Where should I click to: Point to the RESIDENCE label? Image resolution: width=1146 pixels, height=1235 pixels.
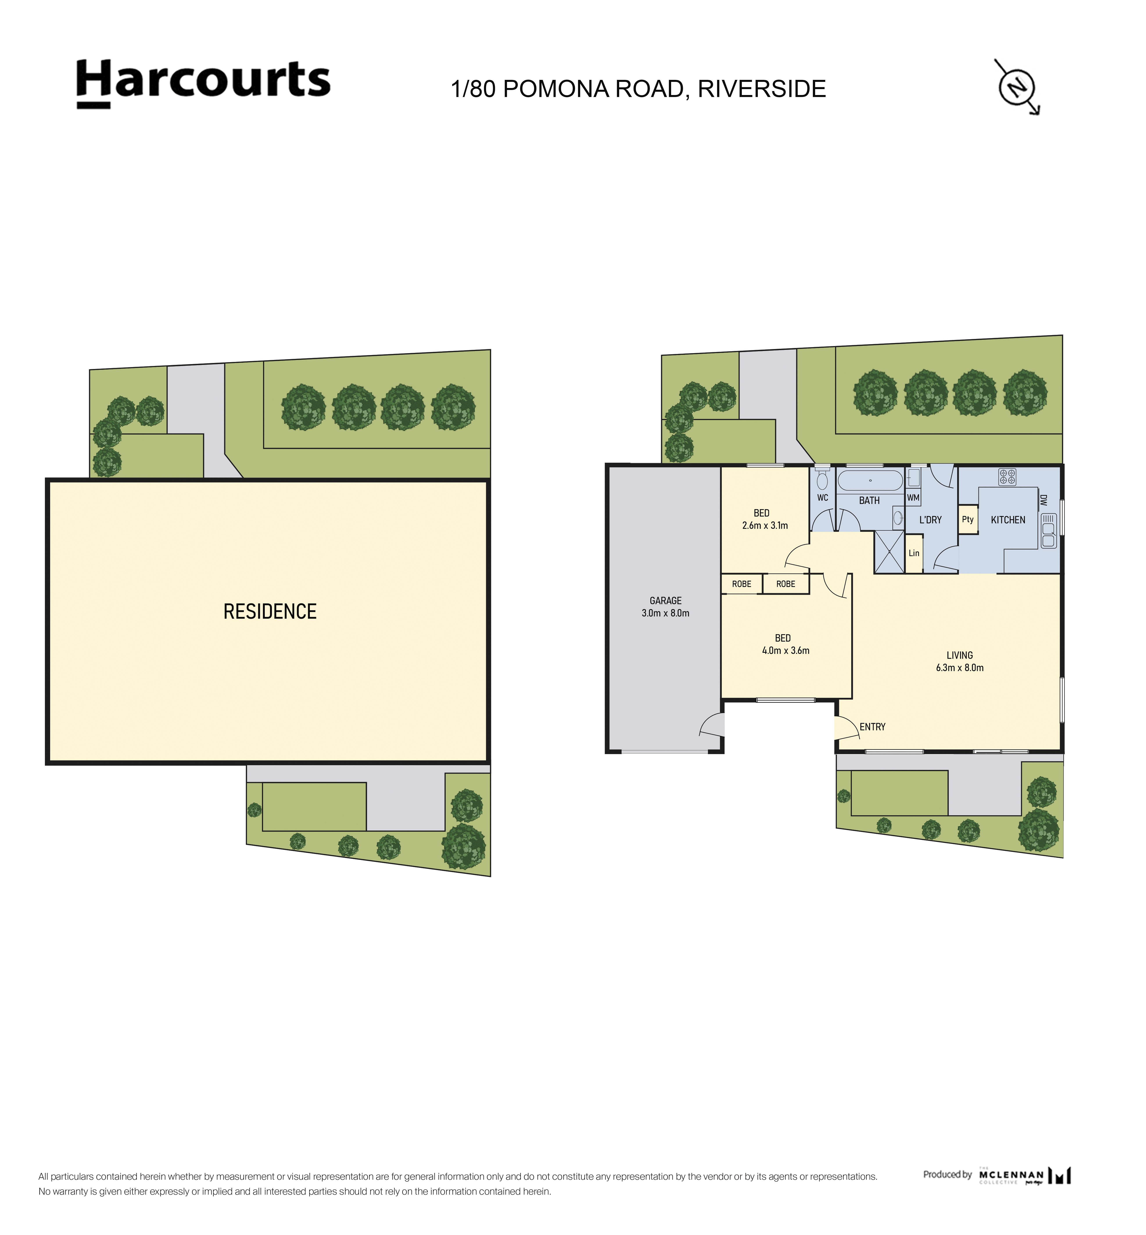[x=270, y=612]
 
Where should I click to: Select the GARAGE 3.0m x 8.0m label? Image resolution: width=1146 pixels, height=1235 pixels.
[x=665, y=607]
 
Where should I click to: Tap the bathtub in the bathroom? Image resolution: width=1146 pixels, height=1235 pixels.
[x=870, y=481]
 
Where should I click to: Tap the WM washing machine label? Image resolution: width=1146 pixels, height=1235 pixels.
[x=913, y=497]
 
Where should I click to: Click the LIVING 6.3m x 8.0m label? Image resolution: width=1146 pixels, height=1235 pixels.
[x=960, y=661]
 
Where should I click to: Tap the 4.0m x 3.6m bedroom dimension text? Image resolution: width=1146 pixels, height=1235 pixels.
[x=786, y=651]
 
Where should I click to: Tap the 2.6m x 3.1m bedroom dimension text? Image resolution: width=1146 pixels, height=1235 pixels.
[x=765, y=525]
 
